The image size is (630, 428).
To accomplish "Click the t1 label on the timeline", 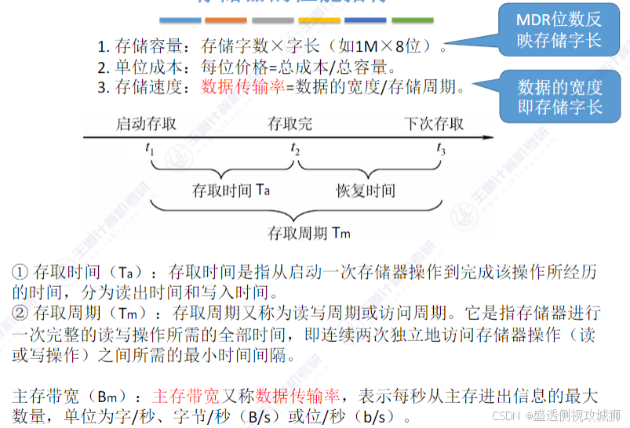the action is coord(150,150).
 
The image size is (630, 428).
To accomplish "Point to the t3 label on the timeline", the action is coord(441,150).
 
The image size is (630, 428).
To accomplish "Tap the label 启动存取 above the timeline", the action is coord(147,124).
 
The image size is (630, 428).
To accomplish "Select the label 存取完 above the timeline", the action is coord(290,124).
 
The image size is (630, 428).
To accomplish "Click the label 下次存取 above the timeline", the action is coord(434,124).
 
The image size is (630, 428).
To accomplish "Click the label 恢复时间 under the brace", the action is coord(366,190).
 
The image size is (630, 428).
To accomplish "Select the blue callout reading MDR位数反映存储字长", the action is coord(559,31).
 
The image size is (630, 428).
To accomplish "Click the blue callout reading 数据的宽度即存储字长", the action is coord(560,96).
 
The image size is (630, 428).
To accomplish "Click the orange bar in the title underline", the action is coord(224,18).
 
